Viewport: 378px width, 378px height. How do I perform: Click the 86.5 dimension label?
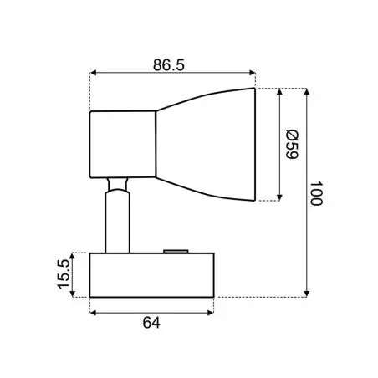(169, 65)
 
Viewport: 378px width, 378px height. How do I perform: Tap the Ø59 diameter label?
(292, 144)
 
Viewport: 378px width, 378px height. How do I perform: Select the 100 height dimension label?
(316, 193)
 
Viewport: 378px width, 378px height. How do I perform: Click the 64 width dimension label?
(151, 323)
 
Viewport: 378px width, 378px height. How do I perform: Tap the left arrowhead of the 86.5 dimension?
(93, 73)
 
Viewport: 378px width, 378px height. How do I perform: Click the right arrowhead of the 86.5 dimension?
(253, 73)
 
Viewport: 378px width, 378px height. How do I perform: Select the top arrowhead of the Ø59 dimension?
(279, 91)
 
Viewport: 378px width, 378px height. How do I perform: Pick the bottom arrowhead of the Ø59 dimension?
(279, 197)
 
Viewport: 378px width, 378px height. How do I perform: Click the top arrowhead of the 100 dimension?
(307, 91)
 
